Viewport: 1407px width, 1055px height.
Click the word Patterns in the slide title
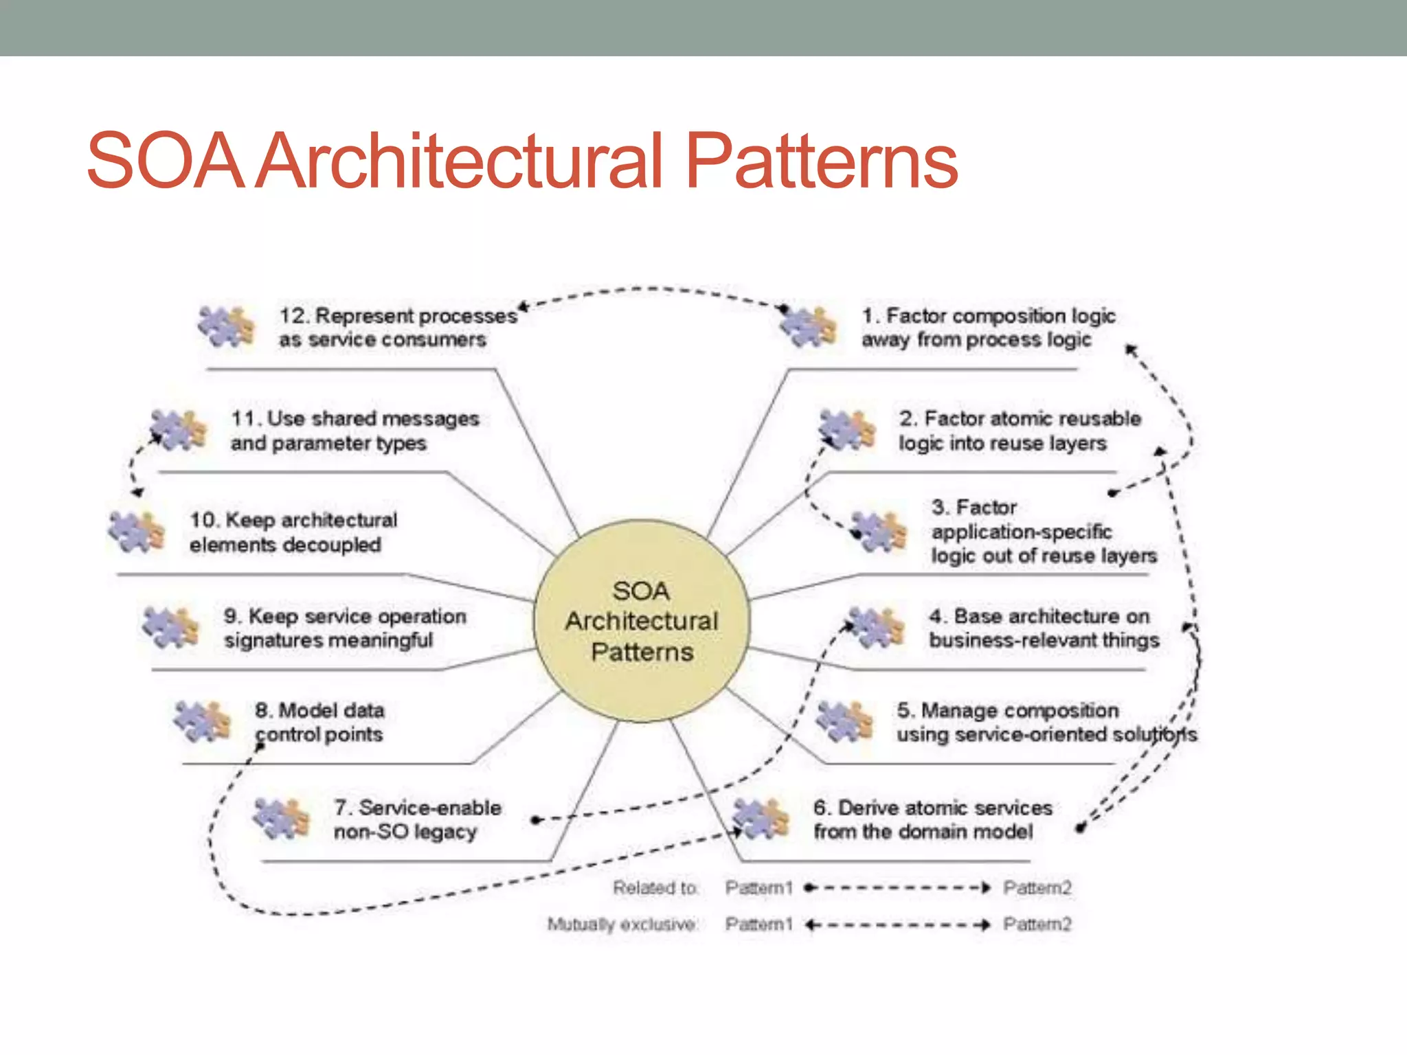coord(822,161)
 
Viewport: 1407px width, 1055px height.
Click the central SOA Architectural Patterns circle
coord(642,621)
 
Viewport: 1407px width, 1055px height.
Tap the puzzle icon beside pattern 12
coord(226,326)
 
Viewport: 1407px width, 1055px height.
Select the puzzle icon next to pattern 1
coord(809,326)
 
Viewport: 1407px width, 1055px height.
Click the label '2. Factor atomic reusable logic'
coord(1020,431)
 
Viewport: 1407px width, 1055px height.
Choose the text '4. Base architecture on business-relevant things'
coord(1043,628)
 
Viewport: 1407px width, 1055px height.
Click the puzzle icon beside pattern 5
coord(844,721)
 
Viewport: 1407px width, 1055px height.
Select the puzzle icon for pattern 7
coord(281,818)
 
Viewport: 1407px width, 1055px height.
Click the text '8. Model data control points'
coord(319,722)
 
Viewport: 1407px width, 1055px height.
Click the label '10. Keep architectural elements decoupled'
coord(293,532)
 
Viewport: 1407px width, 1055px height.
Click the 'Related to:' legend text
coord(655,888)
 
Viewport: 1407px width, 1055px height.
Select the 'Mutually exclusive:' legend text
coord(622,924)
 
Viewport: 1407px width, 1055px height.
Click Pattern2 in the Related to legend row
coord(1037,888)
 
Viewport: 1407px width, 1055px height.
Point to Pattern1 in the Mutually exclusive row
coord(758,924)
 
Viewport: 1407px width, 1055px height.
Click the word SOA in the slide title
coord(165,161)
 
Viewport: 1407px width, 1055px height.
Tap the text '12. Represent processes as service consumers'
coord(397,328)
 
